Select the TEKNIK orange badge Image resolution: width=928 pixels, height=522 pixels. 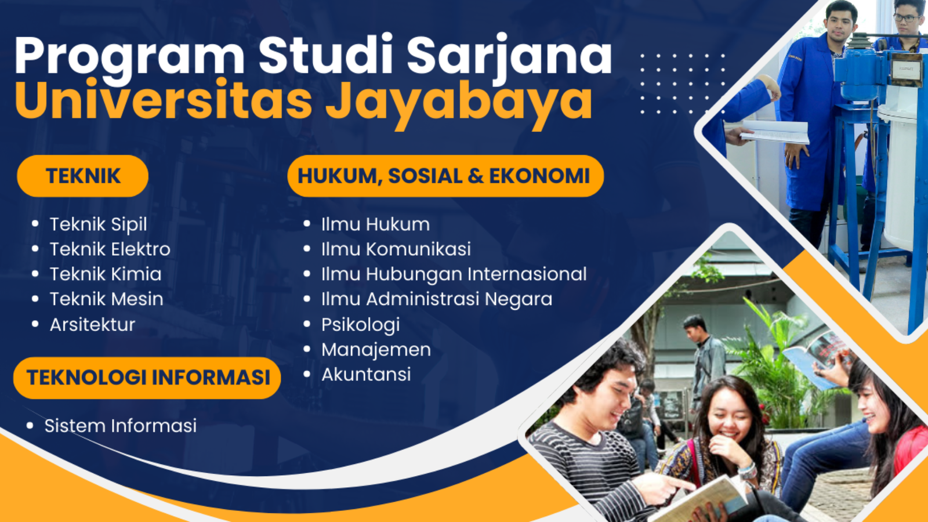(x=83, y=176)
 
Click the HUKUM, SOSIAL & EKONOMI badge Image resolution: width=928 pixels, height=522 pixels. (x=445, y=176)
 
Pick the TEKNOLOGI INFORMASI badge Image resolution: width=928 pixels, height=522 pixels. (x=147, y=378)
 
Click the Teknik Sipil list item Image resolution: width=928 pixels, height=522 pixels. (x=98, y=225)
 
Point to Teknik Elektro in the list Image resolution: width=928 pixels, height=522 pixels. (x=110, y=249)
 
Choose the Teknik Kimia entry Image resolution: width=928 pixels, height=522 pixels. (x=106, y=274)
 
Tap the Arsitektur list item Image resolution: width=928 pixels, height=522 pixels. (x=92, y=325)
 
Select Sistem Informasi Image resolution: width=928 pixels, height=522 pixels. (x=121, y=426)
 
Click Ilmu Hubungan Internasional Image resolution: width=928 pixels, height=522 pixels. (x=454, y=275)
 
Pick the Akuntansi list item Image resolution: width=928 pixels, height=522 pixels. (x=366, y=375)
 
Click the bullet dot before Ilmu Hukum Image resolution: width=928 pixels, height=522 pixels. (x=307, y=224)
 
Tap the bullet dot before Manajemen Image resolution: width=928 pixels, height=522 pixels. (x=307, y=349)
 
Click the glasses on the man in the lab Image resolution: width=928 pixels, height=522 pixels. (x=906, y=18)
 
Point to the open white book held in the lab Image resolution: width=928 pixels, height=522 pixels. (x=775, y=132)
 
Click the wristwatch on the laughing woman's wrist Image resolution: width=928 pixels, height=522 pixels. (x=748, y=471)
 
